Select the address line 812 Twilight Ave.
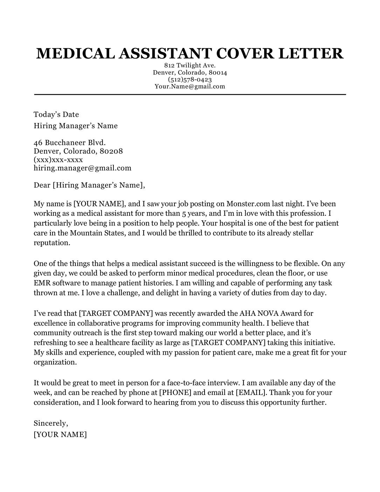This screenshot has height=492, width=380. click(190, 66)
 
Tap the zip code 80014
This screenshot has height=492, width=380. click(218, 73)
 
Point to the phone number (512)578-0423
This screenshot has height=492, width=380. click(190, 80)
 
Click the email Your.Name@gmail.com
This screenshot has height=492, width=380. click(190, 86)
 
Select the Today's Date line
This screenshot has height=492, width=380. click(56, 115)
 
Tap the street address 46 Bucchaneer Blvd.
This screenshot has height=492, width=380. click(70, 143)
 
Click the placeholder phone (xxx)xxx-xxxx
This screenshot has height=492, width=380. click(58, 160)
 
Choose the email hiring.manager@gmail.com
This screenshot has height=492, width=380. click(82, 168)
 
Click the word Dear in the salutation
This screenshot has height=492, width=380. click(42, 185)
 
